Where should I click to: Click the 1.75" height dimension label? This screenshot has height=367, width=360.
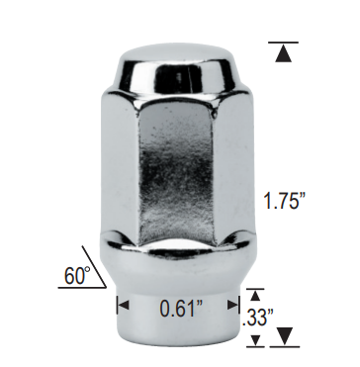coord(285,200)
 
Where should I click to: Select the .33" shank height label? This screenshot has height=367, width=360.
coord(257,318)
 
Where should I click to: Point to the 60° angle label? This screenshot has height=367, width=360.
coord(77,276)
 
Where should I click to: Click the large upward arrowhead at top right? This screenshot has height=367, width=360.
coord(283,53)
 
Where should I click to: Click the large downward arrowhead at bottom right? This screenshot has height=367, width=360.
coord(285,336)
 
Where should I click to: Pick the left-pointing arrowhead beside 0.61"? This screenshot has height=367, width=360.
coord(124,305)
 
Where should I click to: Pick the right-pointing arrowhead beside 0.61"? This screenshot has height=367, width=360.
coord(232,305)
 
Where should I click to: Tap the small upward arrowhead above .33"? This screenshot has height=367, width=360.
coord(255,296)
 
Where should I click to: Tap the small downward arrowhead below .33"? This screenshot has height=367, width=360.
coord(255,340)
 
